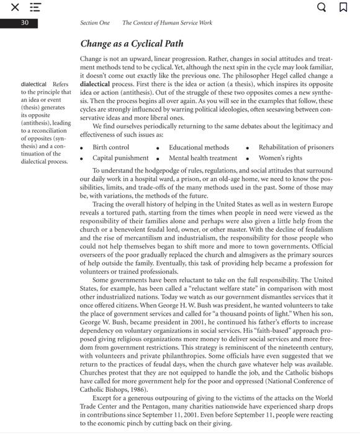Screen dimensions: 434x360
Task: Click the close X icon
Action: point(14,8)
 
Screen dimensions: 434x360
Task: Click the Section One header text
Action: point(95,23)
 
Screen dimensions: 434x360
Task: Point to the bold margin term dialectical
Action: point(34,84)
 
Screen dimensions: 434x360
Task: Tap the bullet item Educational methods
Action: point(199,148)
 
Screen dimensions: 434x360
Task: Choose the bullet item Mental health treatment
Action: point(203,157)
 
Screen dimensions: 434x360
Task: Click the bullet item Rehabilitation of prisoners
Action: point(295,148)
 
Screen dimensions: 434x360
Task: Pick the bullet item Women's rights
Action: point(280,157)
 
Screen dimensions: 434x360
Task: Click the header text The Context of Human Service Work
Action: point(167,23)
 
